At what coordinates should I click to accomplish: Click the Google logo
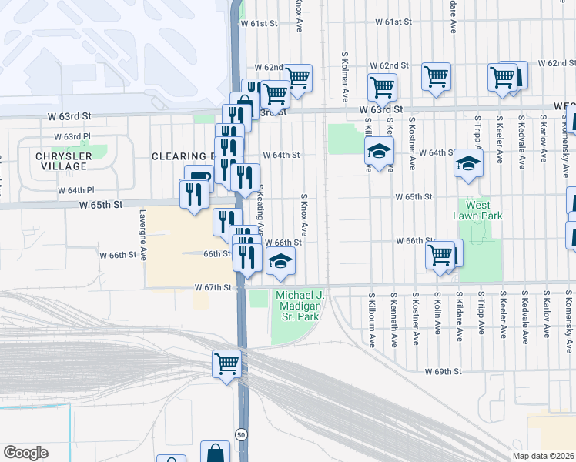(25, 453)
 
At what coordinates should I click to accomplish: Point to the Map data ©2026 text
(543, 456)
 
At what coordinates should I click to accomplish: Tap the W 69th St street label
(443, 371)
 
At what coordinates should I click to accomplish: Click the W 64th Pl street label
(79, 190)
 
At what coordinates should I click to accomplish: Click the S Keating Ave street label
(260, 209)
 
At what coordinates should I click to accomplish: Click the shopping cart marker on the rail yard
(226, 363)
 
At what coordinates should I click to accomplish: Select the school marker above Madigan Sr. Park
(281, 263)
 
